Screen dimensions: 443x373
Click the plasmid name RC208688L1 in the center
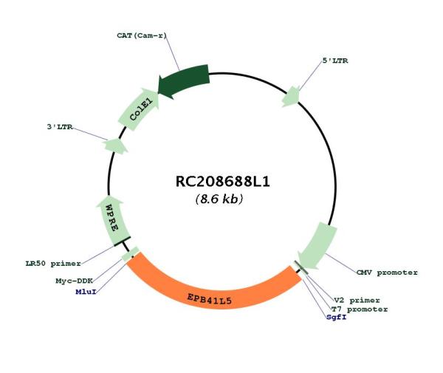(223, 182)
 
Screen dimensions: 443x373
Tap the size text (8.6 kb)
(219, 199)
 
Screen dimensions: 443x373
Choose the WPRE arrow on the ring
(111, 220)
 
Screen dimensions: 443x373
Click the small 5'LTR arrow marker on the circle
(291, 97)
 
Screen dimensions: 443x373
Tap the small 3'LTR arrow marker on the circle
(115, 146)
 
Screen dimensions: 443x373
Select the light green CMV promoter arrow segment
(317, 245)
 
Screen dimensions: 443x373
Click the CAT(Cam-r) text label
(142, 35)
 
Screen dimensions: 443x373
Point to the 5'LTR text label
(335, 61)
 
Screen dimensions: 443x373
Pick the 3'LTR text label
(60, 127)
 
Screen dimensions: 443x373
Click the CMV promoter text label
(387, 273)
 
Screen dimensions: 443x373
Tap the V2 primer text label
(357, 300)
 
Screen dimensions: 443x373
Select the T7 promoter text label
(360, 309)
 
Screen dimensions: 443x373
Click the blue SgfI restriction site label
(336, 317)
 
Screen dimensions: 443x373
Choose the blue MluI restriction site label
(86, 292)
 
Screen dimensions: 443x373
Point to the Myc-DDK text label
(74, 281)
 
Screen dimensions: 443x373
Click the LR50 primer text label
(53, 264)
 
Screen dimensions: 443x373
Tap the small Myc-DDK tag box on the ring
(130, 254)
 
